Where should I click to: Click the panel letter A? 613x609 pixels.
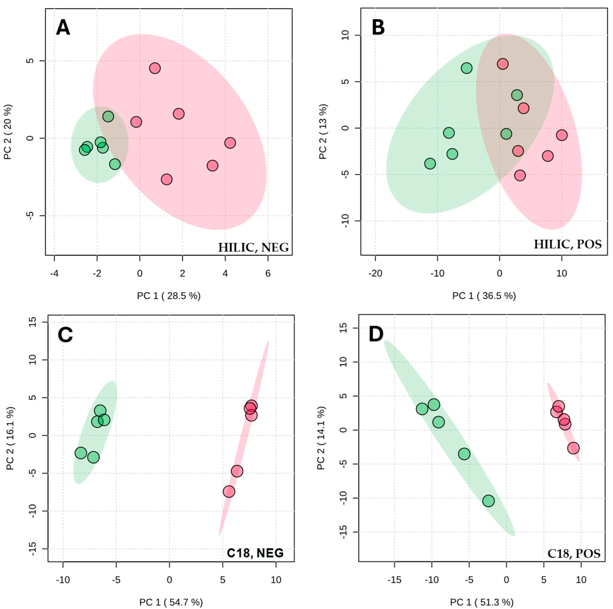click(63, 28)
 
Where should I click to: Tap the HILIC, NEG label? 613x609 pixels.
click(253, 247)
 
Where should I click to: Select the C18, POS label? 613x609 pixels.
click(574, 553)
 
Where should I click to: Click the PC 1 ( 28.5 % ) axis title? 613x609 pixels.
click(169, 296)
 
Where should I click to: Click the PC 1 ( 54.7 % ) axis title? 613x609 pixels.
click(171, 602)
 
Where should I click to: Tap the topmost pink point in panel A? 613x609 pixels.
click(155, 68)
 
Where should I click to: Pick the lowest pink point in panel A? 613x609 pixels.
click(167, 180)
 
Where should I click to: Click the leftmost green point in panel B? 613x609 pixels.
click(430, 164)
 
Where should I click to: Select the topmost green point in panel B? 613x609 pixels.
click(466, 68)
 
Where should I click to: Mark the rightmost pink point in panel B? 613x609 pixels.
click(562, 135)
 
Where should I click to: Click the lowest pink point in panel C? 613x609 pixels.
click(229, 492)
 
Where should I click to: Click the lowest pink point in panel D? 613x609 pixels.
click(573, 448)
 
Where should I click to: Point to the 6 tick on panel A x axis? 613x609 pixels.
click(268, 273)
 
